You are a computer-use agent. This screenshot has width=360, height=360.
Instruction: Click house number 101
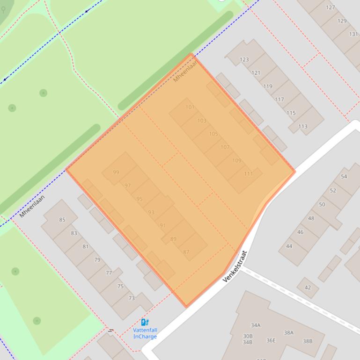pyautogui.click(x=190, y=107)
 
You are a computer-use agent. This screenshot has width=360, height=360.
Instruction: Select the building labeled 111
pyautogui.click(x=248, y=174)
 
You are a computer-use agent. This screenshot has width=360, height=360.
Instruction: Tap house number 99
pyautogui.click(x=116, y=173)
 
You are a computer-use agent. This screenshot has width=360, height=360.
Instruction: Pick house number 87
pyautogui.click(x=186, y=252)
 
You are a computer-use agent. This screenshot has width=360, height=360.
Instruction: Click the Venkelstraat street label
pyautogui.click(x=235, y=266)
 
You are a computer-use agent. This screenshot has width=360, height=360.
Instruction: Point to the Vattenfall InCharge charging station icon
pyautogui.click(x=145, y=322)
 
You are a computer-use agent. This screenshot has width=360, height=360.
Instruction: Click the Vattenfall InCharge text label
pyautogui.click(x=145, y=333)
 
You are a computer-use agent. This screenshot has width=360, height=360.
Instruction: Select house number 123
pyautogui.click(x=244, y=59)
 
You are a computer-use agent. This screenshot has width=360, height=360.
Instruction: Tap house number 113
pyautogui.click(x=302, y=126)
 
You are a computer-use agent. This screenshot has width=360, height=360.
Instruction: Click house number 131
pyautogui.click(x=353, y=34)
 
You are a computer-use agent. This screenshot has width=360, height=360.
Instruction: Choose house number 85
pyautogui.click(x=62, y=220)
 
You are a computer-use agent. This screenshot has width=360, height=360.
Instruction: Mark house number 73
pyautogui.click(x=132, y=298)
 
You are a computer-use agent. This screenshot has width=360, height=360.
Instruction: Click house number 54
pyautogui.click(x=344, y=176)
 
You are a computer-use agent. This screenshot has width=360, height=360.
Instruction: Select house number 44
pyautogui.click(x=289, y=246)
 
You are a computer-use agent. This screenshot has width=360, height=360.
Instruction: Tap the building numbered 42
pyautogui.click(x=308, y=288)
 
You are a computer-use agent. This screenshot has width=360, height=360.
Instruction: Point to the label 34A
pyautogui.click(x=256, y=325)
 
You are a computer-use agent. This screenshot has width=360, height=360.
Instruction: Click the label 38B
pyautogui.click(x=307, y=341)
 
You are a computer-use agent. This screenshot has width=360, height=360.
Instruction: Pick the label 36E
pyautogui.click(x=271, y=340)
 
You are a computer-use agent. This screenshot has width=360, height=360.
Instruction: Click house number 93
pyautogui.click(x=151, y=212)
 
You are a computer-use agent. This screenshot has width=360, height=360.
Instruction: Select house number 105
pyautogui.click(x=213, y=134)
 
